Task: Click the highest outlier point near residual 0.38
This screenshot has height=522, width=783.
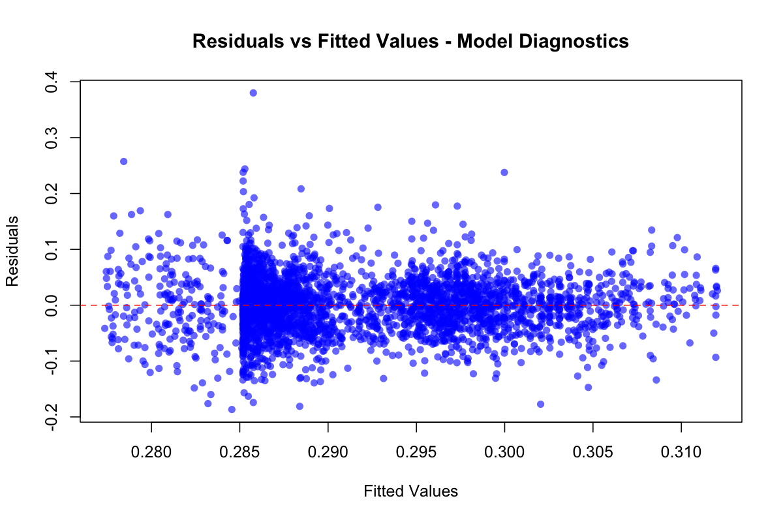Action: click(253, 93)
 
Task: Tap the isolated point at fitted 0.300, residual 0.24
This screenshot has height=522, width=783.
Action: click(504, 172)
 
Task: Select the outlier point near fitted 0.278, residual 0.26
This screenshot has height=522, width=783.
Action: click(123, 161)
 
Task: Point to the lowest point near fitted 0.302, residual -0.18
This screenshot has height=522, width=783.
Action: click(540, 404)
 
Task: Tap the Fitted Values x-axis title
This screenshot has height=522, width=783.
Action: click(410, 491)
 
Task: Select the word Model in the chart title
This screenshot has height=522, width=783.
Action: click(480, 42)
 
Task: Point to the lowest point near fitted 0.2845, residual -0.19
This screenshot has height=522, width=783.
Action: click(232, 409)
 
